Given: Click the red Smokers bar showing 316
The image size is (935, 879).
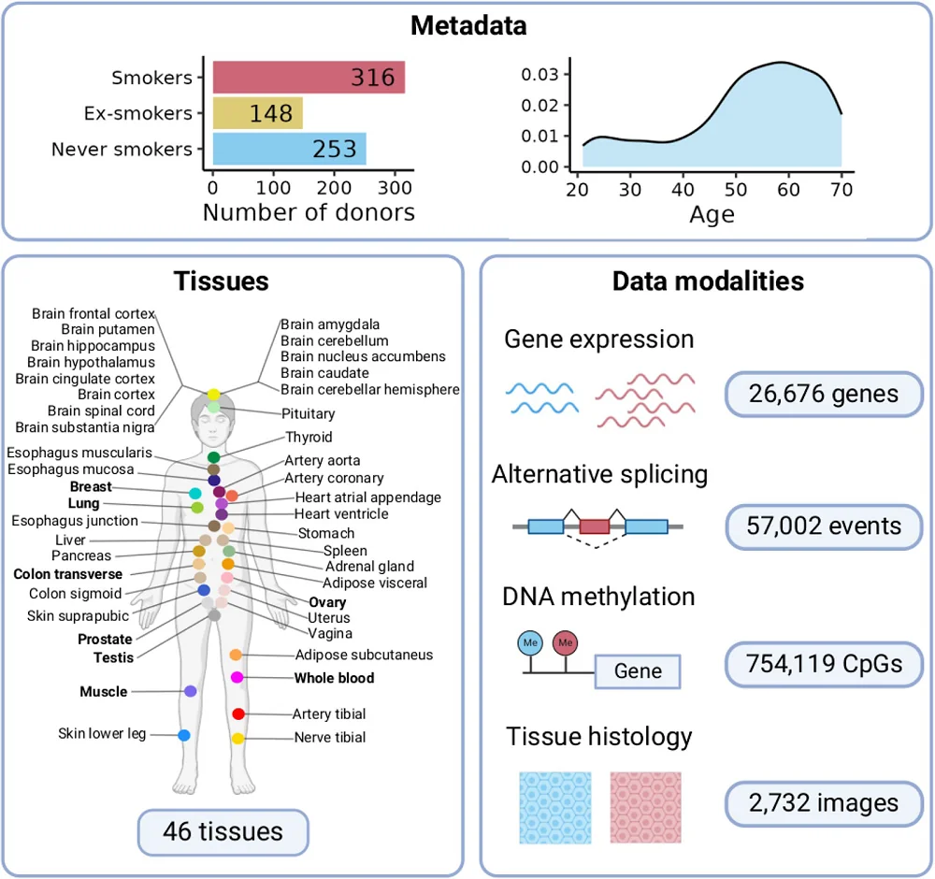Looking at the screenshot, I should tap(309, 78).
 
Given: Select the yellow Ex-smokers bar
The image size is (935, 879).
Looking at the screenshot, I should tap(257, 113).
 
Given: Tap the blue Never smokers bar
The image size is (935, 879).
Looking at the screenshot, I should tap(289, 149).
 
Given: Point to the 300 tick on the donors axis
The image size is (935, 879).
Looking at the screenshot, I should tap(394, 185).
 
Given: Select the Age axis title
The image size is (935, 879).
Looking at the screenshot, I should tap(712, 215).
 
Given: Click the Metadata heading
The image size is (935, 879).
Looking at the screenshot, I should tap(468, 25).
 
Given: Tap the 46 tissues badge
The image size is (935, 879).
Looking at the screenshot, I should tap(223, 830).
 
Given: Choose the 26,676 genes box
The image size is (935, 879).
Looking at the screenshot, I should tap(823, 395).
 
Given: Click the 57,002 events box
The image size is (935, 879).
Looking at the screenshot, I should tap(823, 526).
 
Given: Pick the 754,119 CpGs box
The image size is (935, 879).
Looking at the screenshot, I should tap(823, 663).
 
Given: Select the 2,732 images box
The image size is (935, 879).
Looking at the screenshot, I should tap(823, 801).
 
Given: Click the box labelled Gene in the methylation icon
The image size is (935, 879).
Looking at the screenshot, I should tap(638, 671).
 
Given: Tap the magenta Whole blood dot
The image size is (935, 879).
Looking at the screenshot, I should tap(237, 677).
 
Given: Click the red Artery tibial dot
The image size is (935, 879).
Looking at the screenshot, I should tap(238, 714).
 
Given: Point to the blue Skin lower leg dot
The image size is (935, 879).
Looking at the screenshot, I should tap(184, 735).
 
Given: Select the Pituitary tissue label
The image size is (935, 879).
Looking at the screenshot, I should tap(308, 413).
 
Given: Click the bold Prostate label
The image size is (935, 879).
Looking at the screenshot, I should tap(105, 641).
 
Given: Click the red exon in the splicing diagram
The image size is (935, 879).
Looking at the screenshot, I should tap(595, 526).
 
